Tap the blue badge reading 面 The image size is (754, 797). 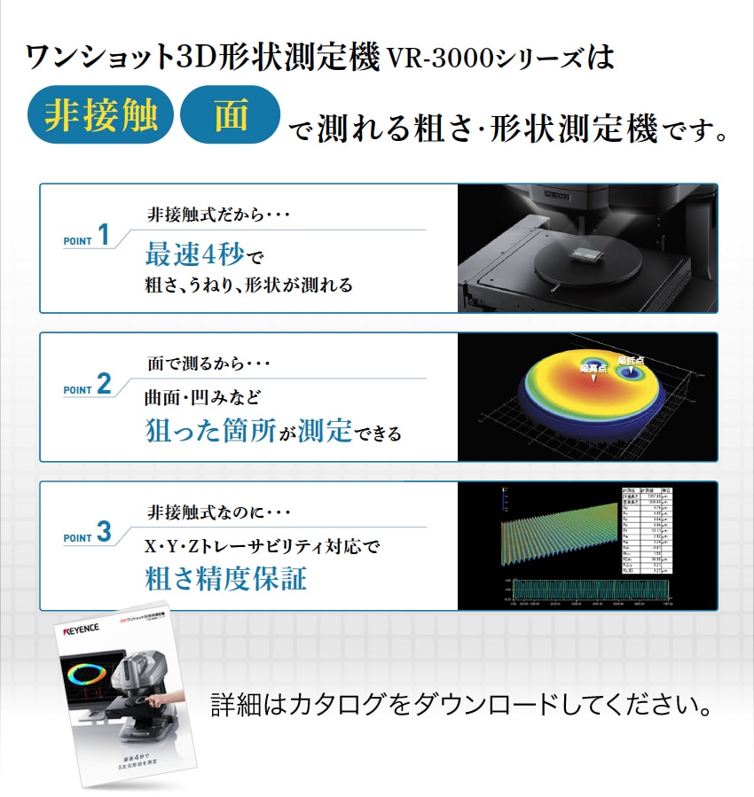point(230,115)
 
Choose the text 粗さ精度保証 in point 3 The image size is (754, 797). point(226,580)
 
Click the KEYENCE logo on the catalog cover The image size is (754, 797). point(85,633)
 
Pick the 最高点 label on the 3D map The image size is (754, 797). point(593,366)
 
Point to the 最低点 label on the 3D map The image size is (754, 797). point(631,359)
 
